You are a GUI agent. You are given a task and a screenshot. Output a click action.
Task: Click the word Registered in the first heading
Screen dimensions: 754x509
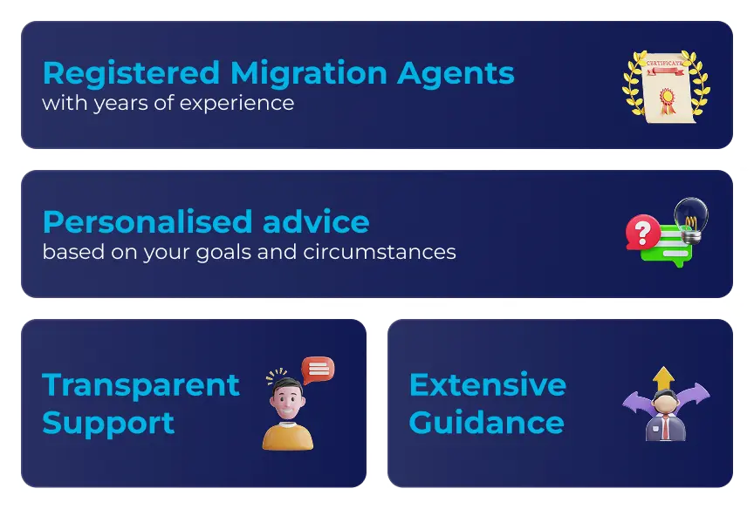point(131,73)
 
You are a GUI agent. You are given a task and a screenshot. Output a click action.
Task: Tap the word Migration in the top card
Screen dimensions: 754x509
point(309,74)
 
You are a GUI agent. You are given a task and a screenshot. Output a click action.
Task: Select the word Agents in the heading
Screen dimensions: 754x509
point(456,74)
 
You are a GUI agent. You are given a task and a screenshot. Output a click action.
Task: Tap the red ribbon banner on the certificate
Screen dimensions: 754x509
point(665,71)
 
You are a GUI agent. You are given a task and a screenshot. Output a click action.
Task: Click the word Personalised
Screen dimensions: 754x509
point(147,222)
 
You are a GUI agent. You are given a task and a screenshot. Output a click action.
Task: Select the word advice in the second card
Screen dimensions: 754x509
point(316,222)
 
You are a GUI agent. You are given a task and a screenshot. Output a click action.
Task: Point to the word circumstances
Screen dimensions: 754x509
point(380,252)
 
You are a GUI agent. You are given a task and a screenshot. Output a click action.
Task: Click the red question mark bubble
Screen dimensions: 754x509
point(642,232)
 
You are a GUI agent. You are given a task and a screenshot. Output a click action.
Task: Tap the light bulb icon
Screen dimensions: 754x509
point(691,219)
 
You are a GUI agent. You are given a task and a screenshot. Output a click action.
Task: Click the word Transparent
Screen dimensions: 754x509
point(141,385)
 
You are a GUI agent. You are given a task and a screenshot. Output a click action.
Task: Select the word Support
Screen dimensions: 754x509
point(108,424)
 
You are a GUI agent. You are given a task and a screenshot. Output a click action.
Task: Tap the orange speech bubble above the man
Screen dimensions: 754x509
point(318,370)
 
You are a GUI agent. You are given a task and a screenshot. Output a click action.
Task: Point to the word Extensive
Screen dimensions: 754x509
point(488,384)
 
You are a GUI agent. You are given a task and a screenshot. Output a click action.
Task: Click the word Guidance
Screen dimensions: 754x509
point(486,423)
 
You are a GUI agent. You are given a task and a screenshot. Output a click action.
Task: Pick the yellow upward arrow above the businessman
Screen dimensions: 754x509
point(664,379)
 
